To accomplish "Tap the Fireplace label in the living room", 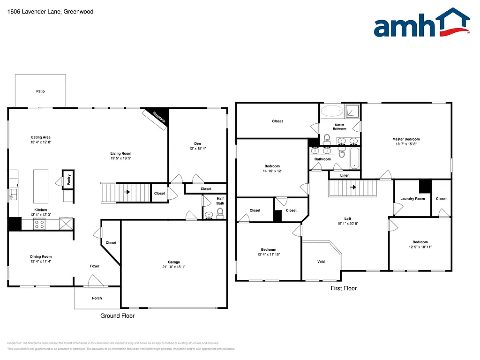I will point(158,117).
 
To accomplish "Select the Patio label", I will point(40,91).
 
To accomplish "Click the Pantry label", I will point(68,180).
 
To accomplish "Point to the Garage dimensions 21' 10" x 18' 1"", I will point(174,267).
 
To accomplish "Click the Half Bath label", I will point(220,201).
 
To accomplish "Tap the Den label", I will point(197,143).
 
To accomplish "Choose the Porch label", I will point(97,298).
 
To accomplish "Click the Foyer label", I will point(95,266).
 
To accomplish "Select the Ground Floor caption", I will point(117,316).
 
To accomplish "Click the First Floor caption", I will point(344,288).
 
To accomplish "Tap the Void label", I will point(321,262).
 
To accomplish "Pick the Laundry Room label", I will point(412,199).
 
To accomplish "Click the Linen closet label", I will point(345,175).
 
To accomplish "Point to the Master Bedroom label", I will point(406,139).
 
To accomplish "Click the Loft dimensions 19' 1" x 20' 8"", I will point(347,224).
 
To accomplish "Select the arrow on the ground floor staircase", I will point(127,191).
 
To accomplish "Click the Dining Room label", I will point(41,256).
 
